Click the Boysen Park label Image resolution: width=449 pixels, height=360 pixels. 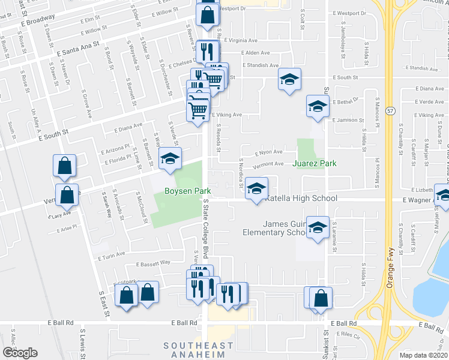tap(185, 191)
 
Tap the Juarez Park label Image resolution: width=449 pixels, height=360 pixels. tap(314, 163)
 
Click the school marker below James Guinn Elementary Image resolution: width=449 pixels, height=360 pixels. tap(318, 227)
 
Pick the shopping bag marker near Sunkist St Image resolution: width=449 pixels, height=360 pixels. tap(321, 298)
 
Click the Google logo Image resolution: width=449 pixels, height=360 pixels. tap(20, 352)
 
